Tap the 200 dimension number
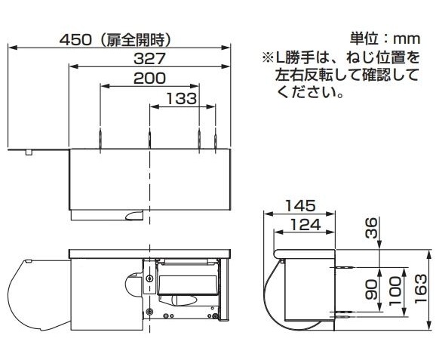149,78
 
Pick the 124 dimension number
304,224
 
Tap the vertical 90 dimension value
371,289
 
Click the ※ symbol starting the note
267,57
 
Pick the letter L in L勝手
280,57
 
